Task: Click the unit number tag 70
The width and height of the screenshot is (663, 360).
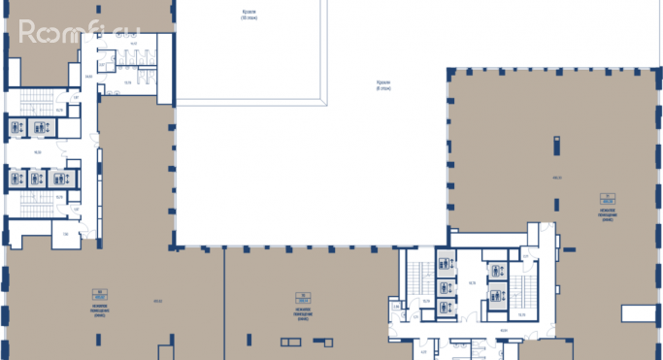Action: (305, 294)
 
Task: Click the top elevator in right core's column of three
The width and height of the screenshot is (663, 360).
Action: (446, 260)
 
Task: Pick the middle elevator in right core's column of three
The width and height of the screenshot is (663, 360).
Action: (446, 286)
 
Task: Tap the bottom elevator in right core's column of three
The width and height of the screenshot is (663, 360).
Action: (446, 308)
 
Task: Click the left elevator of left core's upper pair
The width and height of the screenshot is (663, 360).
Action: (17, 127)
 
